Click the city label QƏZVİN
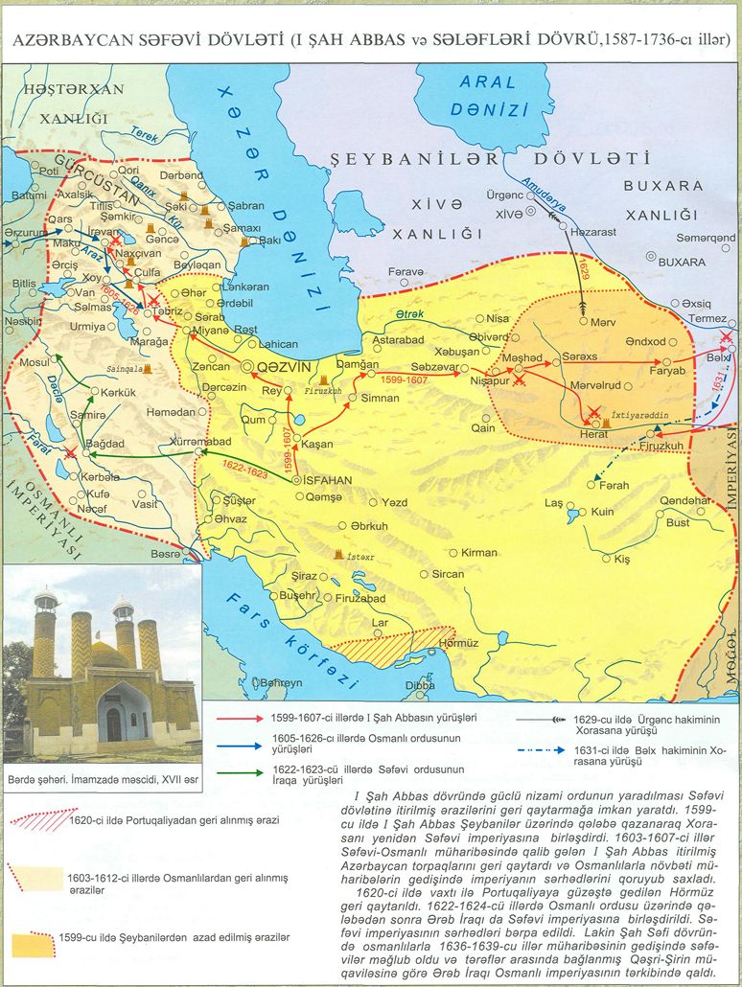280,367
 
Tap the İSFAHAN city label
333,481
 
